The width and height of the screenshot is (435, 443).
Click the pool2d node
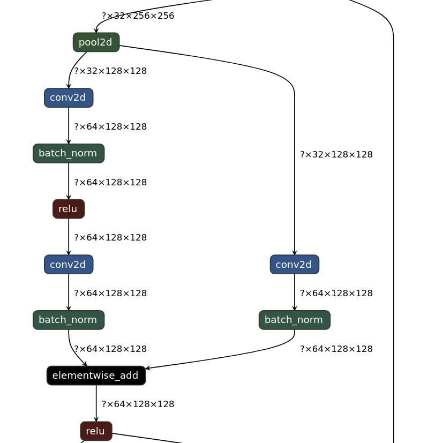pyautogui.click(x=96, y=42)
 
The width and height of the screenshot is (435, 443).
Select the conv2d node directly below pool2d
pyautogui.click(x=69, y=98)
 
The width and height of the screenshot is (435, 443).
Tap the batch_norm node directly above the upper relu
pyautogui.click(x=69, y=154)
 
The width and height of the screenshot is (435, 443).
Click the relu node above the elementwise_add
pyautogui.click(x=69, y=209)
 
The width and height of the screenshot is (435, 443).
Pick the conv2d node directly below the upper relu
pyautogui.click(x=69, y=265)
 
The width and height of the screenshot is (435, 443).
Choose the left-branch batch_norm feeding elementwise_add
pyautogui.click(x=69, y=320)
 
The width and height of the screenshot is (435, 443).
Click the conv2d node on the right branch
pyautogui.click(x=294, y=265)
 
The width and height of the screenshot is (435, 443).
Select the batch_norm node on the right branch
pyautogui.click(x=294, y=320)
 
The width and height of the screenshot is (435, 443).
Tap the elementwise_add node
pyautogui.click(x=96, y=376)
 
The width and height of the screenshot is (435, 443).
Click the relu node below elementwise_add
pyautogui.click(x=96, y=431)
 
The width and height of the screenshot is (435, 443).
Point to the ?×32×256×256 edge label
pyautogui.click(x=138, y=16)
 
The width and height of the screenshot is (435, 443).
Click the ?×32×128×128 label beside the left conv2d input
pyautogui.click(x=110, y=71)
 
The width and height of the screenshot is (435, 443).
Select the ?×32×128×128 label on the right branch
pyautogui.click(x=336, y=155)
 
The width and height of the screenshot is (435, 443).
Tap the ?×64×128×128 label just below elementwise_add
pyautogui.click(x=138, y=404)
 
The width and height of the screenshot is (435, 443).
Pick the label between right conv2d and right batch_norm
pyautogui.click(x=336, y=294)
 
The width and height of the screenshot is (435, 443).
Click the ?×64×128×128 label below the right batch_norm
pyautogui.click(x=336, y=349)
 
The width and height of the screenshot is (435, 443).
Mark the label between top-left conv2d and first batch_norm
pyautogui.click(x=110, y=127)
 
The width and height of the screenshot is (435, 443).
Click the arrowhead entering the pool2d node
pyautogui.click(x=96, y=31)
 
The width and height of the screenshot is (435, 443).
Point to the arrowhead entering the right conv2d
pyautogui.click(x=294, y=253)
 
